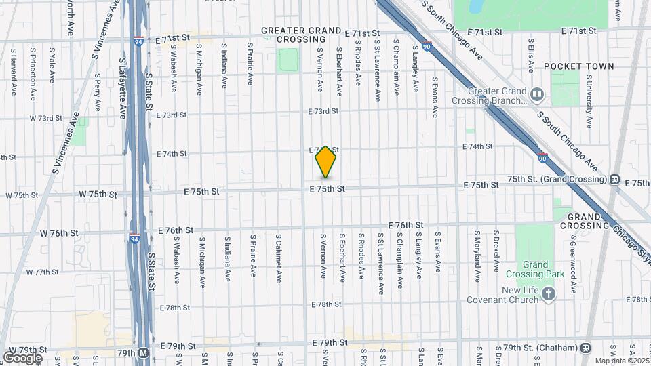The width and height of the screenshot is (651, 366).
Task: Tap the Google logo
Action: (22, 357)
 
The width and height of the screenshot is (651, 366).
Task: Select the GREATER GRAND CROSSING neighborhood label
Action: (300, 35)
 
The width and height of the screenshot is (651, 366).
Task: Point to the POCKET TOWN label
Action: (578, 66)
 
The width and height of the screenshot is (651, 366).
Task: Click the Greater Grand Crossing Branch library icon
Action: (537, 94)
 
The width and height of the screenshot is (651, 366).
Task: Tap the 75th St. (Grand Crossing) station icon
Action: (614, 180)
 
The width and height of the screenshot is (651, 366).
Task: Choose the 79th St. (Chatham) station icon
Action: (585, 348)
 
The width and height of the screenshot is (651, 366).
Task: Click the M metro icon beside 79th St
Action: (144, 353)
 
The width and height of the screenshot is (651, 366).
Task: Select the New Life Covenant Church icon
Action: (549, 294)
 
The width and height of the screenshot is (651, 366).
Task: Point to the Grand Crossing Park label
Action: (534, 270)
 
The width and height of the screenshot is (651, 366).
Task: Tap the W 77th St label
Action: (43, 272)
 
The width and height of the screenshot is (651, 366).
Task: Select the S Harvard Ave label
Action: (14, 70)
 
